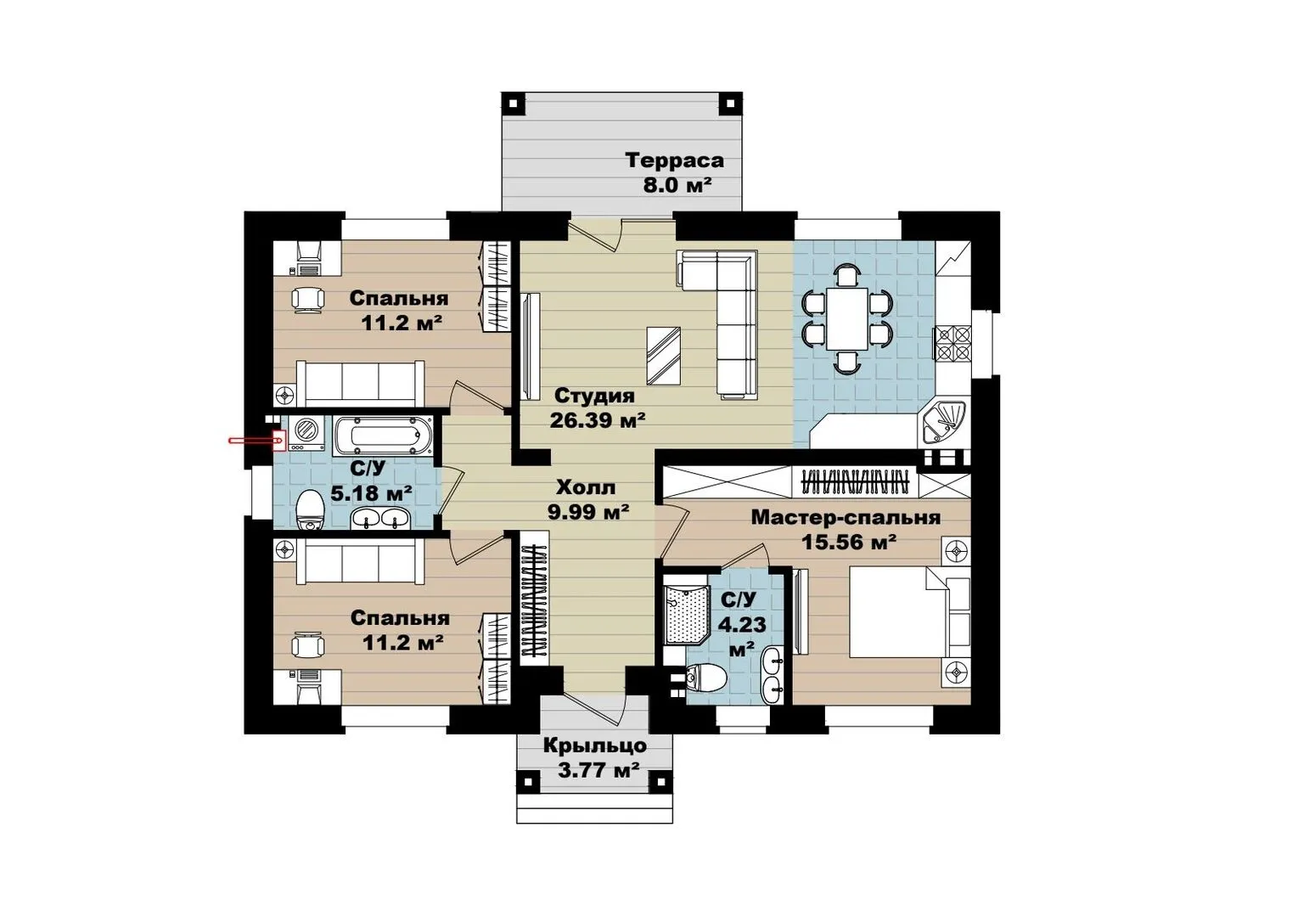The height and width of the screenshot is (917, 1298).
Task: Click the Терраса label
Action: pos(675,160)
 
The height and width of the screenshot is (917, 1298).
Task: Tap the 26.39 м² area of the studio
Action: pos(598,420)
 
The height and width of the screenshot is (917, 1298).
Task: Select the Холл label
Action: pos(586,487)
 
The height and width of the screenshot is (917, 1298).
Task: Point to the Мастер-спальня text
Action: pos(846,518)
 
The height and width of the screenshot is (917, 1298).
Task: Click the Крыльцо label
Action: pos(594,745)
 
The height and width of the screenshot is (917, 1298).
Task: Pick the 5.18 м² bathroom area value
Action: pos(372,494)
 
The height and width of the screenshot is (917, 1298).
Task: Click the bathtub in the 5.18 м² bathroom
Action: pos(383,435)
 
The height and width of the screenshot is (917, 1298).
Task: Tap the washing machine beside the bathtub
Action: pos(306,433)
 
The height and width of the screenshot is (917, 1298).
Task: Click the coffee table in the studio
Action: pos(664,355)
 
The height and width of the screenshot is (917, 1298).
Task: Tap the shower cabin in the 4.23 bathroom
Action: pos(686,615)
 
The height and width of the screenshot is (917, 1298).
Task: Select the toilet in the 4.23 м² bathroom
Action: pos(705,677)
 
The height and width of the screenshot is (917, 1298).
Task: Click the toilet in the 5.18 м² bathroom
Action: pos(310,510)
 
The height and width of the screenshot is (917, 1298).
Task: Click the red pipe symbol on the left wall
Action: pos(256,442)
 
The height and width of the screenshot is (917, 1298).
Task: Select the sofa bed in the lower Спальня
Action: pos(360,562)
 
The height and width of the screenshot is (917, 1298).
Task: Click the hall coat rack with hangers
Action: pos(534,600)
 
